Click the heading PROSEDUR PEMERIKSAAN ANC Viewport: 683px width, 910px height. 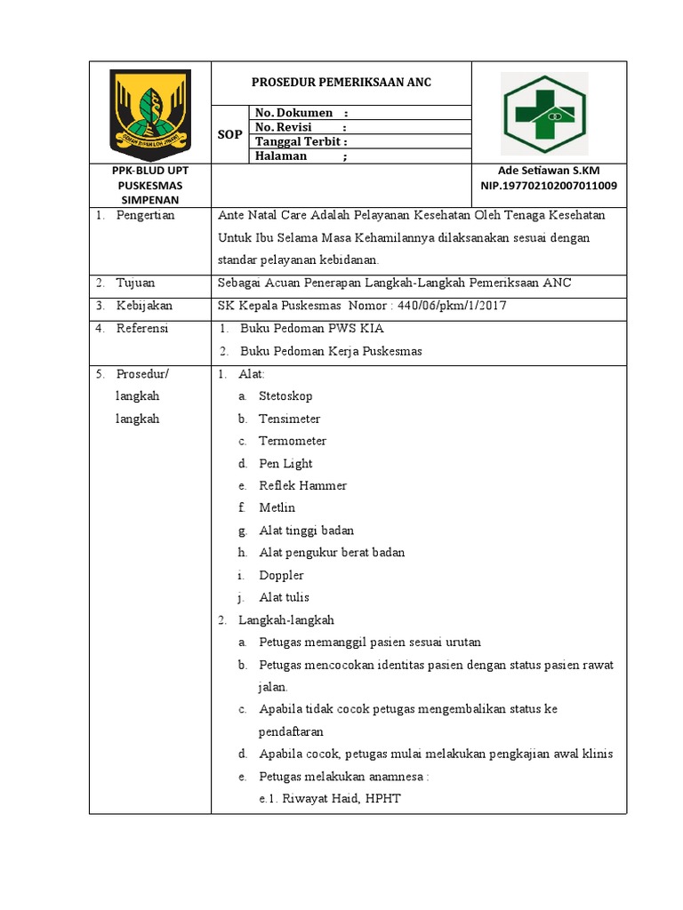(341, 83)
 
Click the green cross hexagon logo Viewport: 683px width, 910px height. (543, 113)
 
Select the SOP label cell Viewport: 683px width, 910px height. (229, 134)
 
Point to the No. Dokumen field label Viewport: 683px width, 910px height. (301, 113)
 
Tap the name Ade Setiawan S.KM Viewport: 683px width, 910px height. (549, 171)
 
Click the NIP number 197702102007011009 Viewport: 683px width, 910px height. (549, 186)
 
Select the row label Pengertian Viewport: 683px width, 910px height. (145, 216)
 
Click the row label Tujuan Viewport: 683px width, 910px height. (135, 283)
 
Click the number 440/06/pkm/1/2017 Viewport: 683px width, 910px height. (453, 306)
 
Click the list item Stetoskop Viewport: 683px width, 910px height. (285, 396)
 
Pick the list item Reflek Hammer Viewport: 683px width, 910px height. (302, 485)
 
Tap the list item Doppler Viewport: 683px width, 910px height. (281, 575)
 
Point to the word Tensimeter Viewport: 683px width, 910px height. (289, 419)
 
